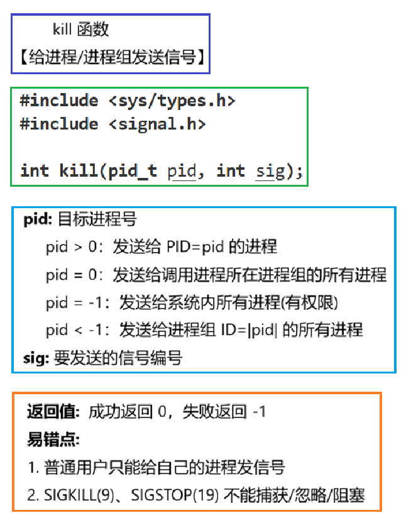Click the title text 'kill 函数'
tap(81, 29)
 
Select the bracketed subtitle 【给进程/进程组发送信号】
tap(109, 58)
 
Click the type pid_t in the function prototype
tap(132, 170)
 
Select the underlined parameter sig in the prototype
tap(270, 170)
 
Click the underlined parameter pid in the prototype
tap(182, 170)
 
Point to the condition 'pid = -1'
tap(75, 303)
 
